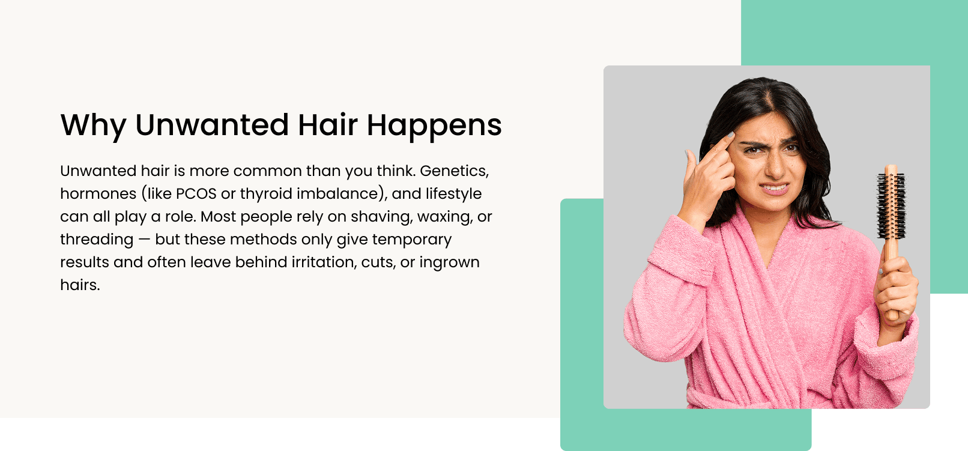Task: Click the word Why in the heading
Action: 93,126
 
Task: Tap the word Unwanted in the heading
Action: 212,125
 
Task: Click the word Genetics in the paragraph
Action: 454,171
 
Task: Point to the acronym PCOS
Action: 196,194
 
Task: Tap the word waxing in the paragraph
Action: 445,217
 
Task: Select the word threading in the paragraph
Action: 97,240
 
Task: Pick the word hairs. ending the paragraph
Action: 80,285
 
